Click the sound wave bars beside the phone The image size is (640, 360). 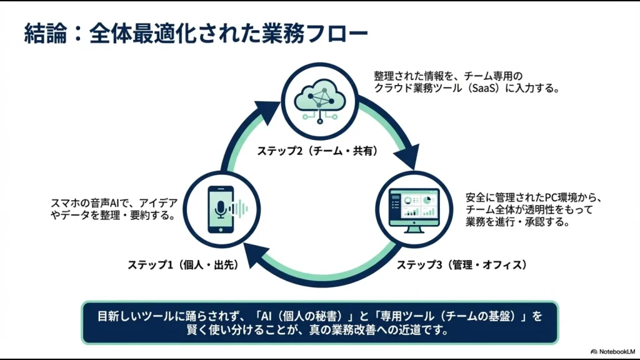[240, 209]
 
